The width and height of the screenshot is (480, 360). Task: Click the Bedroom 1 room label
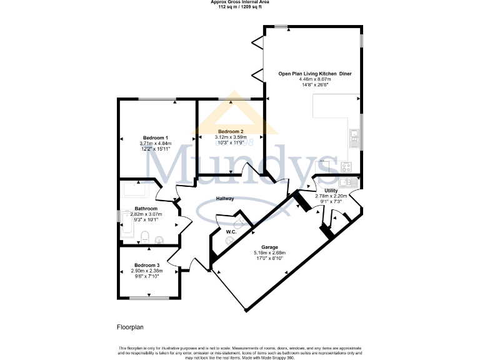click(156, 137)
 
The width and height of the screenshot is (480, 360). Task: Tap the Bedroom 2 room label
click(231, 131)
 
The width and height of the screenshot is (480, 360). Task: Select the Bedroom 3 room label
click(146, 265)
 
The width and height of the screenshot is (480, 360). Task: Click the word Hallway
click(225, 199)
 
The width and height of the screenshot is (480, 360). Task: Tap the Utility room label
click(331, 190)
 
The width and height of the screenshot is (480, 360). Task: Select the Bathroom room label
click(146, 209)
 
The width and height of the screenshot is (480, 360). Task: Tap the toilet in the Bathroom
click(144, 236)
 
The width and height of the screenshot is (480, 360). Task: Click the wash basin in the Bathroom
click(159, 239)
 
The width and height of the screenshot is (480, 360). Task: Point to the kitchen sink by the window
click(353, 137)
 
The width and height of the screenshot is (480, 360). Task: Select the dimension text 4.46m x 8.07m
click(314, 80)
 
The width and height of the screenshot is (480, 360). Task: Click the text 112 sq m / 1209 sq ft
click(240, 7)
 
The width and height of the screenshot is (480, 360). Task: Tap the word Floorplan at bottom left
click(130, 327)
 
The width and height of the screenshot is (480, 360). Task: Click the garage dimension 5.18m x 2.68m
click(269, 253)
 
